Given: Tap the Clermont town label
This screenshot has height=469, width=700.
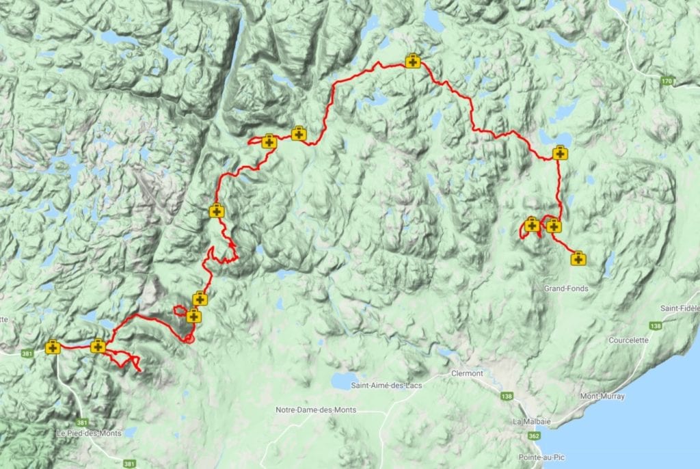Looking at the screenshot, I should [467, 373].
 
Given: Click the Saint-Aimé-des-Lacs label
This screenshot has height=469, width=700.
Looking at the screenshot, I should [386, 386].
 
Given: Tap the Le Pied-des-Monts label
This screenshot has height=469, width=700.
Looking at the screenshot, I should [89, 433].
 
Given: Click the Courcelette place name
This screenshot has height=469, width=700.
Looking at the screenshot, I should [628, 340].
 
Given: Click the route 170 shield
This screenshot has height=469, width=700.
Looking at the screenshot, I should [667, 82].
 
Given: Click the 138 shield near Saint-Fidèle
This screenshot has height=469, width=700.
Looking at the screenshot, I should [656, 326].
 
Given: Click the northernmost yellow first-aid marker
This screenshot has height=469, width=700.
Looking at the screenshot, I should [412, 62].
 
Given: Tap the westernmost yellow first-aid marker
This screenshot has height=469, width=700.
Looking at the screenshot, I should [53, 347].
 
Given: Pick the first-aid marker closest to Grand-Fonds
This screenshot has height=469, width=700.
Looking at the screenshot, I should [578, 258].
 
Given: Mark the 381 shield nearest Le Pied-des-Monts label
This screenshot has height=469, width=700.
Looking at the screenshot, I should [82, 423].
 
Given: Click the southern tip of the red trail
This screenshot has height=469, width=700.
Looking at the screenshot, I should [140, 371].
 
